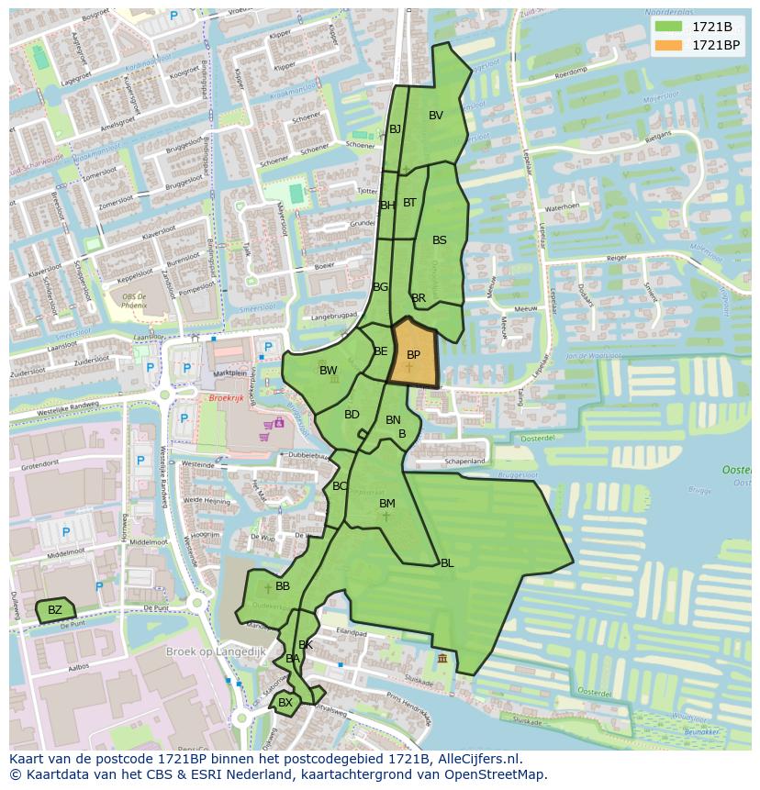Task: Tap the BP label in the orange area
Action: click(413, 355)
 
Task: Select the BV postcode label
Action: click(436, 116)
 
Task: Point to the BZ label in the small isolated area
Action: click(55, 610)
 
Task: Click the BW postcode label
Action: click(328, 371)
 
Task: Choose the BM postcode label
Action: click(387, 504)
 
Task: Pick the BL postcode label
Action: click(447, 563)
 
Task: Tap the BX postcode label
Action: click(285, 703)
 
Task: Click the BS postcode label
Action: click(440, 240)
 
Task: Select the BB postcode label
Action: click(283, 586)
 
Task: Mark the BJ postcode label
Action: click(396, 129)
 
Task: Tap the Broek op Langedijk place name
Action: click(216, 651)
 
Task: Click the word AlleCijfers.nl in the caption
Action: click(476, 759)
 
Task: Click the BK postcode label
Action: click(306, 645)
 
